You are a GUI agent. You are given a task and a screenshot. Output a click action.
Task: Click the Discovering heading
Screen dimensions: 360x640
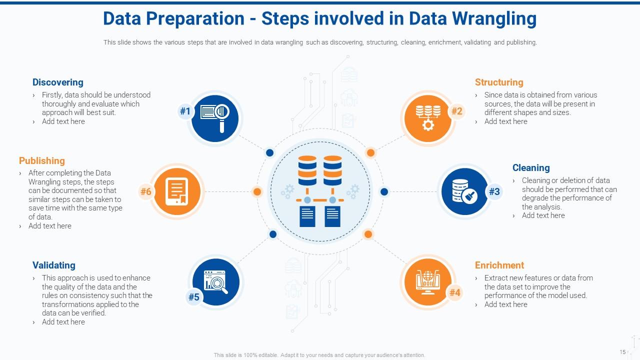[x=57, y=82]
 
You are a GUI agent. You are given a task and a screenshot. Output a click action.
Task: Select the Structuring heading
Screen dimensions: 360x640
[x=498, y=82]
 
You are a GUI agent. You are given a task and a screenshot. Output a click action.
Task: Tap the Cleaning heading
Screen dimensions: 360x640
[x=530, y=168]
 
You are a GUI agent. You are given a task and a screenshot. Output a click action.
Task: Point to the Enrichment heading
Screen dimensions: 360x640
[x=499, y=265]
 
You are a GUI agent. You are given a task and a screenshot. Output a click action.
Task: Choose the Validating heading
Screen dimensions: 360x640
[x=53, y=265]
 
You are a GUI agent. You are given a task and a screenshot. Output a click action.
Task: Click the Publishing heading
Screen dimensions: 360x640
[x=41, y=161]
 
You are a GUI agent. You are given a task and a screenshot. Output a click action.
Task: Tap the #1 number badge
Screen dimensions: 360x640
[x=185, y=111]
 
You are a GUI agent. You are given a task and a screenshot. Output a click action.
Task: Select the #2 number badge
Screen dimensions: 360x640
[x=456, y=111]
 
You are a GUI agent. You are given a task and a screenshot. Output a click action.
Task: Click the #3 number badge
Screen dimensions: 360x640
[x=494, y=191]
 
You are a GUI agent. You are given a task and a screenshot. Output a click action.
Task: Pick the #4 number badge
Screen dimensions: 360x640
[x=454, y=292]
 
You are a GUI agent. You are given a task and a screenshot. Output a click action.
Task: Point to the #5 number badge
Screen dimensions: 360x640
[x=193, y=297]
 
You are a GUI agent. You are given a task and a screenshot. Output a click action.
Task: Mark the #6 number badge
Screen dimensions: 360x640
[x=145, y=191]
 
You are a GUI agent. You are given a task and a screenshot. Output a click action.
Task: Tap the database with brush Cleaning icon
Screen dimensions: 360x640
[x=463, y=191]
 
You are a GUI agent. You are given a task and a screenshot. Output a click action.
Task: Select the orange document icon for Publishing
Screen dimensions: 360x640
[x=176, y=191]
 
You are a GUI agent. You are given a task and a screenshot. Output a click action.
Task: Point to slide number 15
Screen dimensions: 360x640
[x=622, y=352]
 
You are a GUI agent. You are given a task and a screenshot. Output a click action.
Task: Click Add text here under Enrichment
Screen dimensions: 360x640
[x=505, y=304]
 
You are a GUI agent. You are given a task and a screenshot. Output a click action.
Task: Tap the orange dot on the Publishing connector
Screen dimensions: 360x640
[x=257, y=191]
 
